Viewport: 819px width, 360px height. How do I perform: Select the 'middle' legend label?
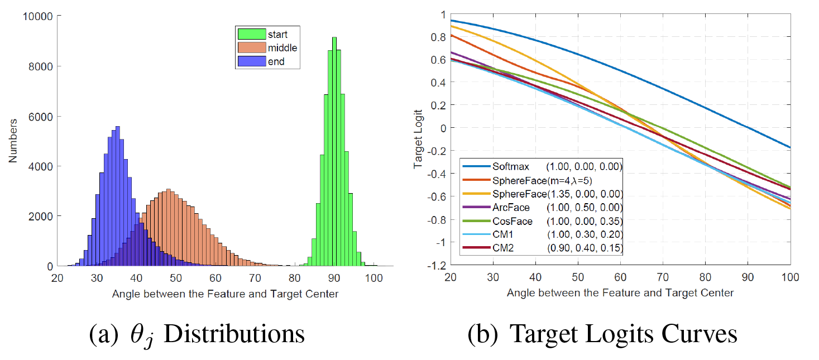click(282, 48)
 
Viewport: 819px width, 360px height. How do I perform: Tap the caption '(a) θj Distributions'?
click(197, 334)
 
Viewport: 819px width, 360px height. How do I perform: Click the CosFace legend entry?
click(510, 221)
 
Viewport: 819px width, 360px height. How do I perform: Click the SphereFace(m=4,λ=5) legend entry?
click(527, 180)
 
